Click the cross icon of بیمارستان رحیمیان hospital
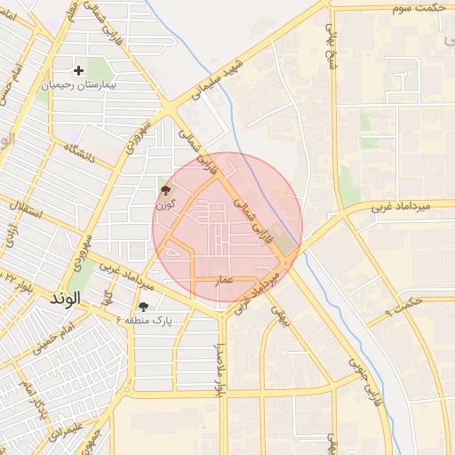[x=79, y=69]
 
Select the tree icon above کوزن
[x=165, y=190]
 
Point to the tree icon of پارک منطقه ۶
[x=143, y=307]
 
